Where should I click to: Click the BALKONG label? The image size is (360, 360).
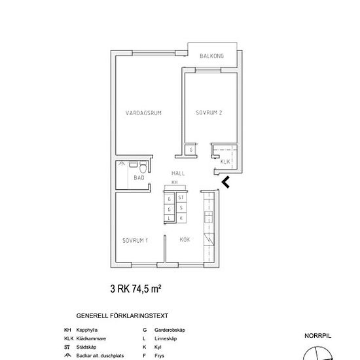[x=211, y=56]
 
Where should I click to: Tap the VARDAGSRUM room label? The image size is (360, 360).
[x=143, y=113]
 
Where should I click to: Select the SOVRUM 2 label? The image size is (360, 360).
[x=209, y=113]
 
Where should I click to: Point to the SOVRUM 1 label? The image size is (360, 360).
[x=135, y=241]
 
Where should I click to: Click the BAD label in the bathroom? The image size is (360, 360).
[x=139, y=177]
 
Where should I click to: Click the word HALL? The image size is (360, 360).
[x=178, y=173]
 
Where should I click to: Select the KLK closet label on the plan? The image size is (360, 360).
[x=225, y=161]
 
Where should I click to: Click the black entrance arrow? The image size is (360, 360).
[x=226, y=182]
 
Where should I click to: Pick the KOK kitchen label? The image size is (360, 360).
[x=185, y=240]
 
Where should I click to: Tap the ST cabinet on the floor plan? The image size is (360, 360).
[x=181, y=197]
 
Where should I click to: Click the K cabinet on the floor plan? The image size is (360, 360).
[x=181, y=217]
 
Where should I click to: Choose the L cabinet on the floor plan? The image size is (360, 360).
[x=170, y=217]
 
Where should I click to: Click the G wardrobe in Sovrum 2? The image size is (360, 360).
[x=190, y=150]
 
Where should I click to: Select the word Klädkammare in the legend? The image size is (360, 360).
[x=92, y=338]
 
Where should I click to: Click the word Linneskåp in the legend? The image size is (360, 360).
[x=164, y=338]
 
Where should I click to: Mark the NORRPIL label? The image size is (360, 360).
[x=318, y=335]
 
